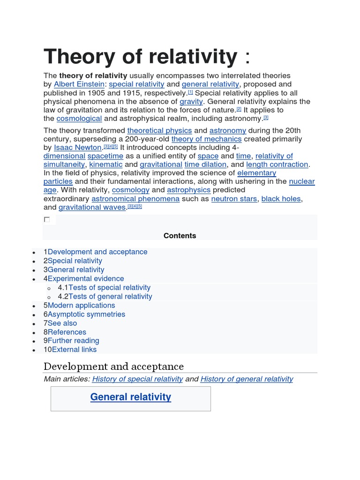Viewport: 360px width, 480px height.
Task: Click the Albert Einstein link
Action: [79, 84]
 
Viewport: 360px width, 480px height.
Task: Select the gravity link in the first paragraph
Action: [191, 101]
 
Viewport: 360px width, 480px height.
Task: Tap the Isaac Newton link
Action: [78, 147]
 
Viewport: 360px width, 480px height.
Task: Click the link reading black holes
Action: [281, 199]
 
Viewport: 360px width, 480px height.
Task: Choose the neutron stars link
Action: [234, 199]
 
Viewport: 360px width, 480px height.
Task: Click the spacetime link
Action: [105, 156]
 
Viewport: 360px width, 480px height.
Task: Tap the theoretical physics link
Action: [159, 130]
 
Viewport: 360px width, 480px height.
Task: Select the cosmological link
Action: [79, 119]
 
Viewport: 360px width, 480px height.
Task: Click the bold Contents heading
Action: [180, 236]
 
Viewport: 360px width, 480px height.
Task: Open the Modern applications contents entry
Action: [81, 306]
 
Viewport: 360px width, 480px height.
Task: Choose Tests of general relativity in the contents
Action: [110, 297]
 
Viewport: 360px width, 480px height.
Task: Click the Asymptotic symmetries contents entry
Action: [86, 315]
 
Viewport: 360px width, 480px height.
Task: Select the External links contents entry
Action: [74, 350]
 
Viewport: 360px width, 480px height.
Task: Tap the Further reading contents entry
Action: [73, 341]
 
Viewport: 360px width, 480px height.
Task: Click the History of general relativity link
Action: [247, 379]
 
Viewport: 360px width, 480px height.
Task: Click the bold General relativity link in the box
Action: [130, 397]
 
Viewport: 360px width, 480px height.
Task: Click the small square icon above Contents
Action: [47, 219]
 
